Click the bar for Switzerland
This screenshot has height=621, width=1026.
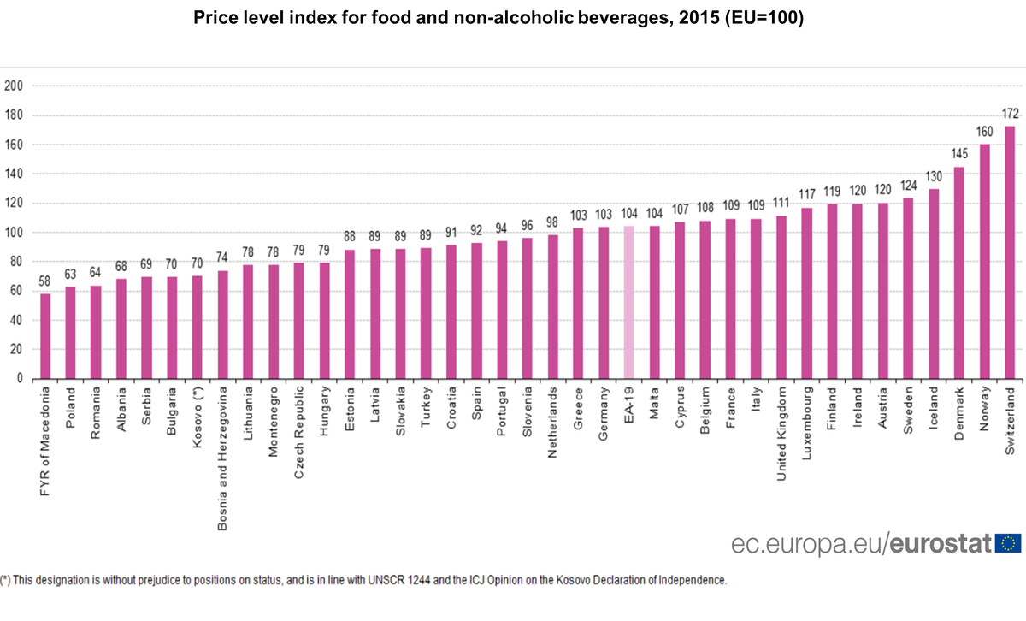[1010, 252]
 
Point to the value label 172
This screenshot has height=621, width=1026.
[1010, 114]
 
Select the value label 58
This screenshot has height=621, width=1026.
[45, 281]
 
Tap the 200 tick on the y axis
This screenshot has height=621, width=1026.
[13, 86]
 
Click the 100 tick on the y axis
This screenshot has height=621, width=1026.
[13, 232]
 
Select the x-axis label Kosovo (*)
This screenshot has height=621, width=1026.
[198, 411]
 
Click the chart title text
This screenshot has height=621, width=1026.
[498, 18]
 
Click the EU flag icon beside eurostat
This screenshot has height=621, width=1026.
[1009, 542]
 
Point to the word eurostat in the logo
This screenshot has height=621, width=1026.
[942, 543]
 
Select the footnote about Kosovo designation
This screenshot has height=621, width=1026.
[364, 579]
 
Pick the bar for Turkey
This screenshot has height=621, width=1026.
[426, 313]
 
